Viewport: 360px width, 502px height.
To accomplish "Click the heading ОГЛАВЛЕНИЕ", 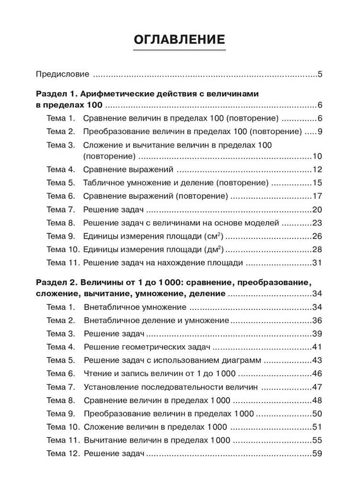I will point(179,39).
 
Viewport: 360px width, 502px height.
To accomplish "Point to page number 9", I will point(320,131).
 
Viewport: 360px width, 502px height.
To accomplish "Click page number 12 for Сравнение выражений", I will point(317,170).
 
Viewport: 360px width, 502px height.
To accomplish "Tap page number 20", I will point(317,209).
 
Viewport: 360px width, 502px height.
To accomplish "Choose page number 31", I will point(317,262).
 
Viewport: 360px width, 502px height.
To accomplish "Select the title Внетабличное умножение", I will point(135,307).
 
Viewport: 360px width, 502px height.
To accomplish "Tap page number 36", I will point(317,320).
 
